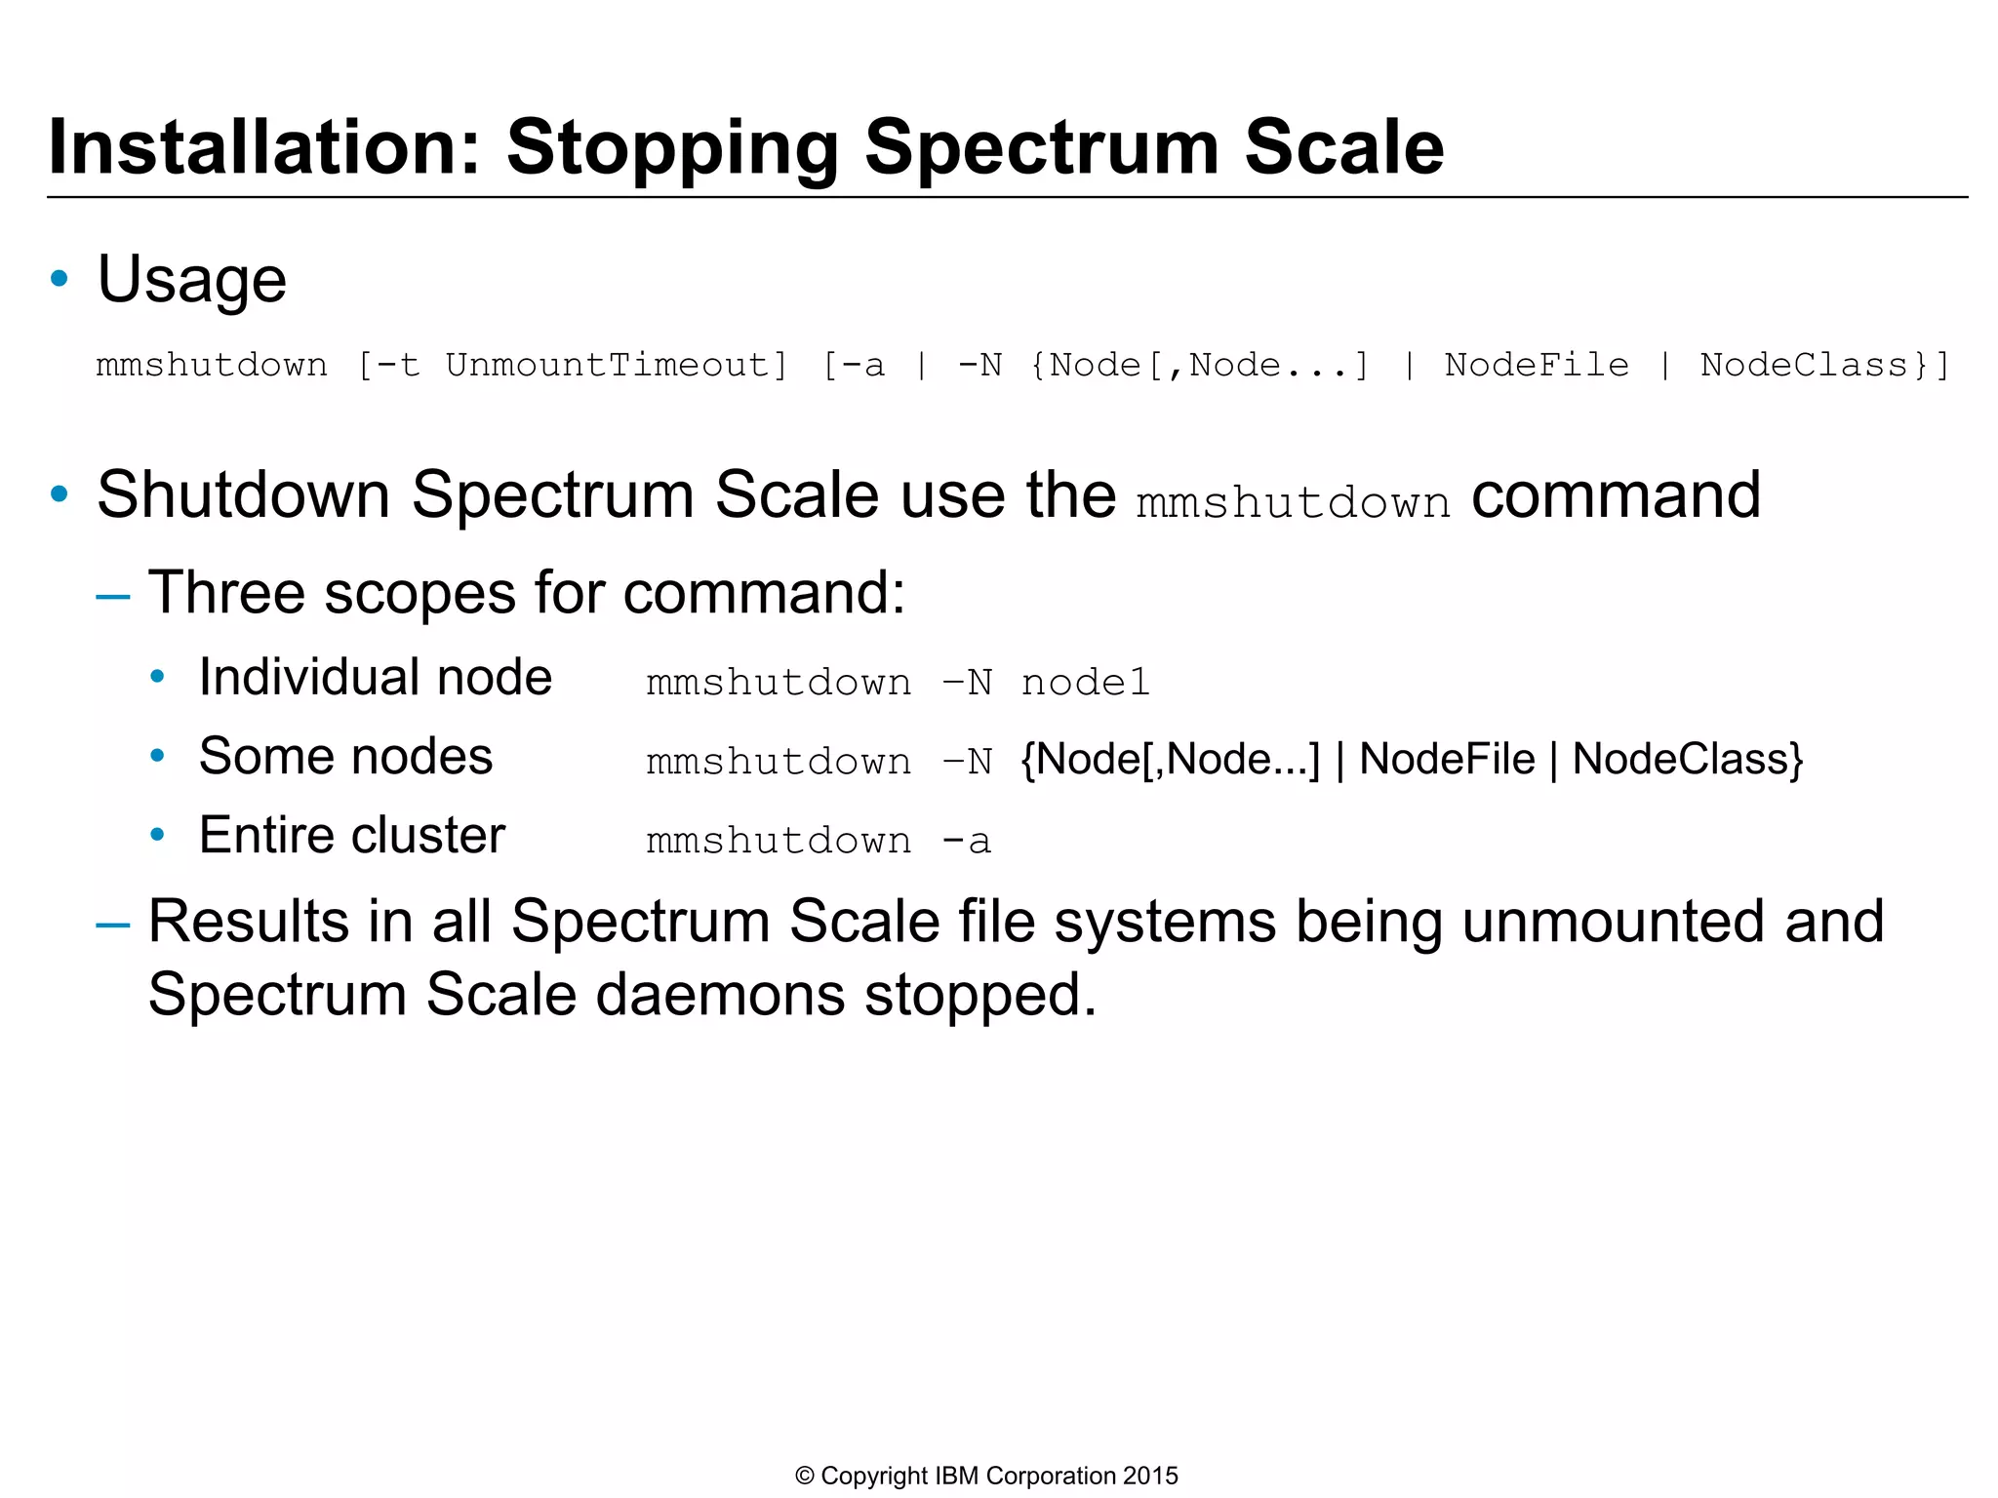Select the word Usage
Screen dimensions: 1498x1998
pyautogui.click(x=191, y=280)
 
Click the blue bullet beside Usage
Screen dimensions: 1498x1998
pyautogui.click(x=60, y=279)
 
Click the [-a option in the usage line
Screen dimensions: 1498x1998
pyautogui.click(x=855, y=366)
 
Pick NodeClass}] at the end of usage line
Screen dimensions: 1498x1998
pyautogui.click(x=1824, y=366)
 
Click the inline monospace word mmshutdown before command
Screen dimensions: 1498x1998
pyautogui.click(x=1293, y=503)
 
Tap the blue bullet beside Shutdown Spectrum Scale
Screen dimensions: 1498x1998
pyautogui.click(x=60, y=494)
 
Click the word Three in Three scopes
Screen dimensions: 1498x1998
pyautogui.click(x=226, y=592)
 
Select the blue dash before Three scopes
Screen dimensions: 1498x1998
pyautogui.click(x=113, y=594)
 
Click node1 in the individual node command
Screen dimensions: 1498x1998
pyautogui.click(x=1086, y=683)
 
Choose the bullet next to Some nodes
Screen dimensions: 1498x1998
pyautogui.click(x=157, y=756)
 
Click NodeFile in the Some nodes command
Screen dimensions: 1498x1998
pyautogui.click(x=1447, y=759)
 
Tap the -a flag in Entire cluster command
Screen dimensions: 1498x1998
pyautogui.click(x=967, y=841)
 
